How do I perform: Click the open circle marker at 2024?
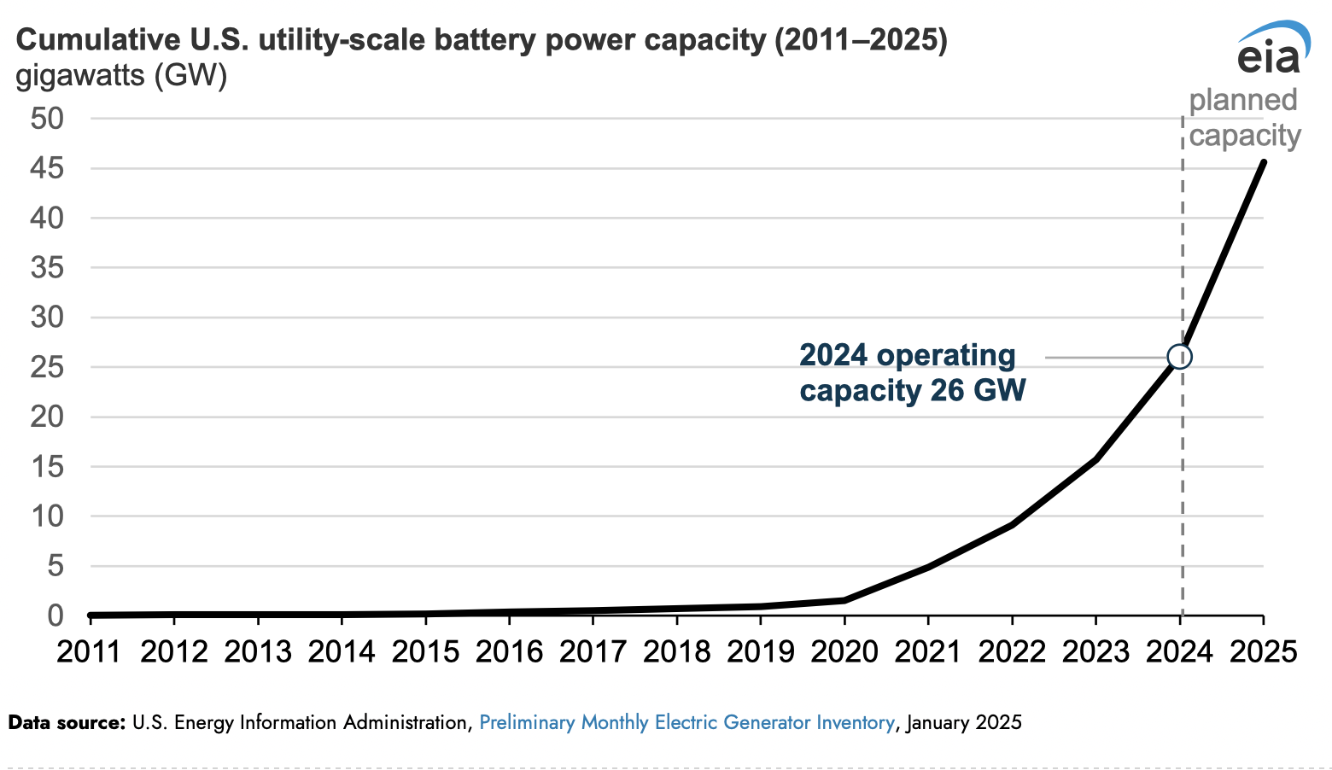coord(1179,357)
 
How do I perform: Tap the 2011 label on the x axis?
coord(91,652)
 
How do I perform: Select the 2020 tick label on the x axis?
coord(844,652)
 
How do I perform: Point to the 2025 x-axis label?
coord(1263,652)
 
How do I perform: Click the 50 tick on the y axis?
coord(48,119)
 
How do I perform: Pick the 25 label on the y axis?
coord(48,368)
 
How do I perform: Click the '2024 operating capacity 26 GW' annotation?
coord(912,373)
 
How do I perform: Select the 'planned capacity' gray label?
coord(1244,118)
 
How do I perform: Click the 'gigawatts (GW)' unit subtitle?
coord(121,76)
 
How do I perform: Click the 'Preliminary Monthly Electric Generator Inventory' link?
coord(686,723)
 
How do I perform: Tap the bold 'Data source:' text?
coord(67,723)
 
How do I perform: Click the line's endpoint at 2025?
coord(1263,162)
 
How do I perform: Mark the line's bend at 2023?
coord(1095,459)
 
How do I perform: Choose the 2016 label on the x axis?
coord(509,652)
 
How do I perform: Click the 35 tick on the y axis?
coord(48,268)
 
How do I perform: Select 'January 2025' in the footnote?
coord(964,723)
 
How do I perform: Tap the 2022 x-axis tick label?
coord(1012,652)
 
